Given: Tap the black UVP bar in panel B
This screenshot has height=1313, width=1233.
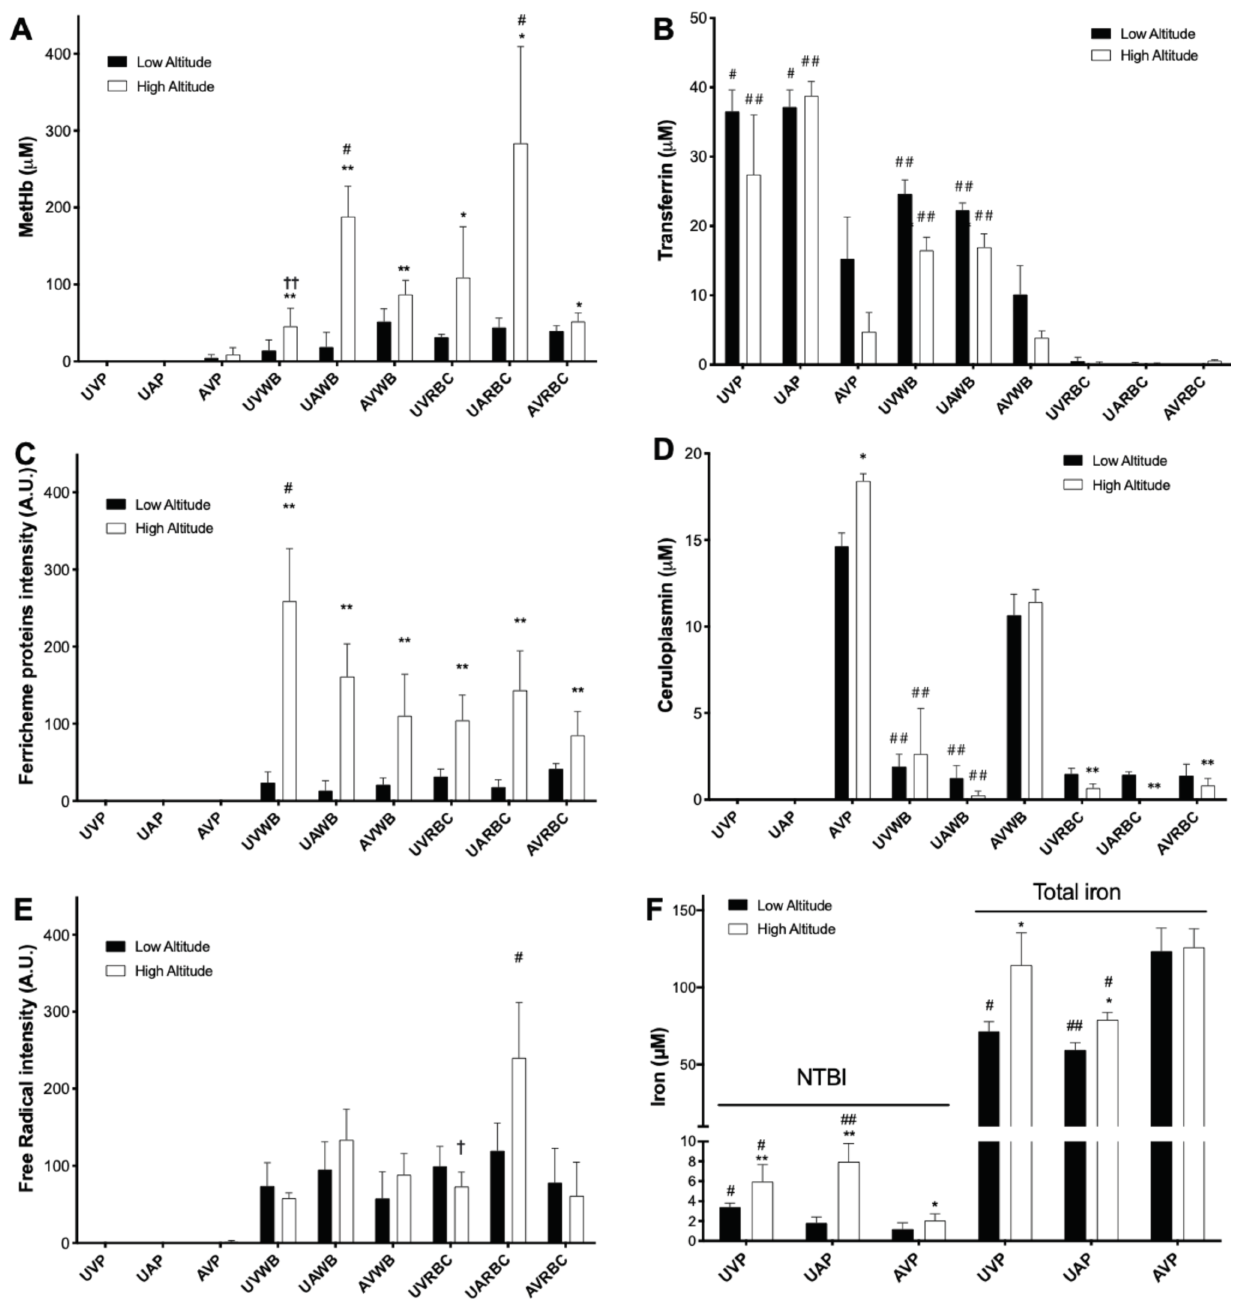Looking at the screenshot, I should click(x=732, y=238).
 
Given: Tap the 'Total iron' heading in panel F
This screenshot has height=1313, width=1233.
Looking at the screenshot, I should click(x=1076, y=892).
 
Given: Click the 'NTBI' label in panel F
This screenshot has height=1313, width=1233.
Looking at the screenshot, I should click(x=821, y=1077).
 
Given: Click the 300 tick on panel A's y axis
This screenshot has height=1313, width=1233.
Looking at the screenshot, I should click(x=59, y=131).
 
